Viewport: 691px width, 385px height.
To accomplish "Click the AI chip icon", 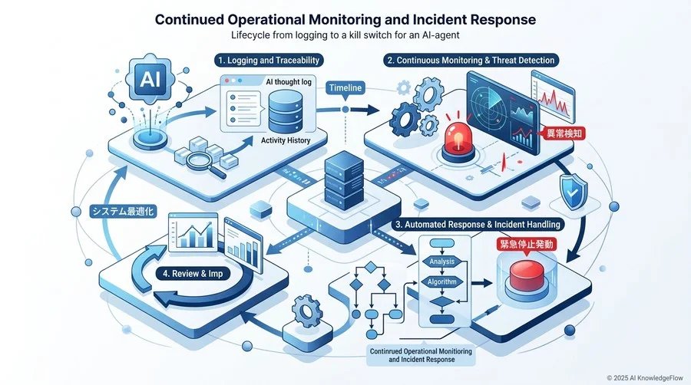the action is coord(150,79).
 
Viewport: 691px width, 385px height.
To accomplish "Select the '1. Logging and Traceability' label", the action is coord(269,61).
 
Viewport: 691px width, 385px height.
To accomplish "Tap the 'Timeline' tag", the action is coord(345,88).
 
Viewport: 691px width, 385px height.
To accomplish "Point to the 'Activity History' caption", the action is coord(286,140).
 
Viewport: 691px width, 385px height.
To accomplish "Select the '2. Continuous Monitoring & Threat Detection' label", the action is coord(471,61).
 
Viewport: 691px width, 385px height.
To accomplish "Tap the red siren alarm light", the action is coord(458,139).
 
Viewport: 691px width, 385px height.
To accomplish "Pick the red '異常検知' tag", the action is coord(564,133).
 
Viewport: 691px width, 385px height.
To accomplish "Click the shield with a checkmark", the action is coord(573,192).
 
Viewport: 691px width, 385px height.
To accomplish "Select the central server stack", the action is coord(344,180).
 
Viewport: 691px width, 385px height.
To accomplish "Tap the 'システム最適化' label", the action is coord(123,212).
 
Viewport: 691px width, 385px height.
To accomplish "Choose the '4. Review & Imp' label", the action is coord(193,274).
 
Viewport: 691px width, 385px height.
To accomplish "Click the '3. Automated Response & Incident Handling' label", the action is coord(478,225).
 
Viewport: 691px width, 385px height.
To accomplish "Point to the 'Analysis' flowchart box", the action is coord(442,262).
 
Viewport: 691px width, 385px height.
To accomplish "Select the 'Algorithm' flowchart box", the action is coord(442,282).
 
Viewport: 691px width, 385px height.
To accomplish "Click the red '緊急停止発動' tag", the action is coord(526,244).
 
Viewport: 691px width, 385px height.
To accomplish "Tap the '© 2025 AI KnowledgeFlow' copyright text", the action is coord(645,378).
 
